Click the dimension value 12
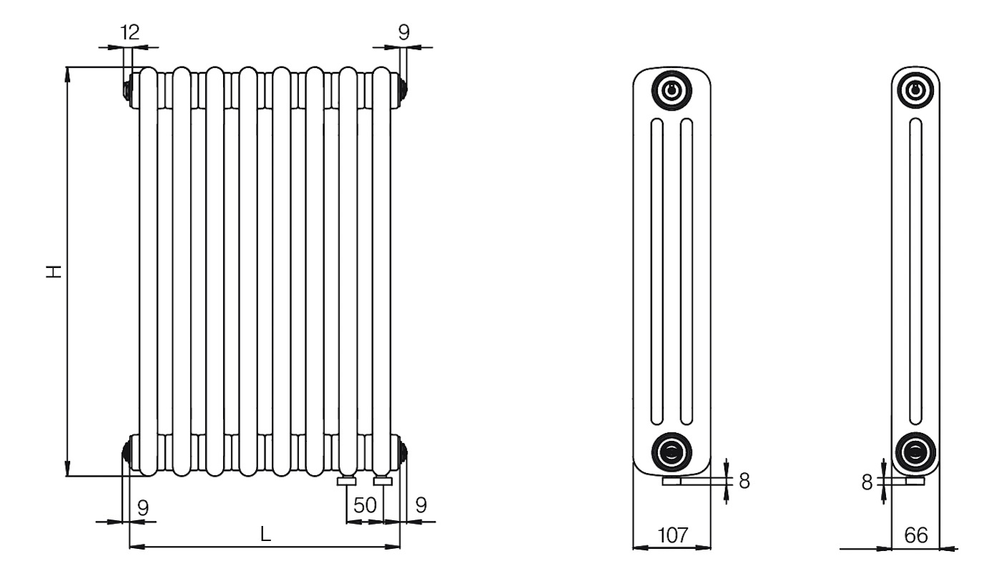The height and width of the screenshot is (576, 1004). click(130, 33)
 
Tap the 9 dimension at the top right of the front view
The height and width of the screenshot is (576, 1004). click(404, 33)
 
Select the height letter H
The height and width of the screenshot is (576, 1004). click(54, 272)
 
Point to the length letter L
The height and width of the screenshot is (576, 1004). click(266, 534)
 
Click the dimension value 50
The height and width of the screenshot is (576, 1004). click(365, 506)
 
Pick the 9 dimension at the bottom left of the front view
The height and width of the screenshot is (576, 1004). click(142, 508)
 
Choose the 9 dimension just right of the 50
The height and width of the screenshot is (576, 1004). click(421, 506)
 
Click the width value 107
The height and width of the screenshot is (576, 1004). click(673, 535)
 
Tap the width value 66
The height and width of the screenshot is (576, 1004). click(916, 535)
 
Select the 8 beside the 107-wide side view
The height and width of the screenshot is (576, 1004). click(744, 481)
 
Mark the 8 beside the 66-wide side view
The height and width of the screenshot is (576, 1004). click(867, 483)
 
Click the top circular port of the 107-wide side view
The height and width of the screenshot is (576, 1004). click(671, 91)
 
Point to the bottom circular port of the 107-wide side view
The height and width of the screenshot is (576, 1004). click(671, 452)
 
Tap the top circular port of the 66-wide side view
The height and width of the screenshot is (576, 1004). click(916, 91)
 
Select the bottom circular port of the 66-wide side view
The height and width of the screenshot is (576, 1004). click(916, 452)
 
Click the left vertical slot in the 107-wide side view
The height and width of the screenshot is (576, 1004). click(657, 272)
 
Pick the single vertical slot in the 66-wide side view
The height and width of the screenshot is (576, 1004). click(916, 271)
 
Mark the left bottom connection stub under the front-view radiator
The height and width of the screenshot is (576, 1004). click(347, 481)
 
